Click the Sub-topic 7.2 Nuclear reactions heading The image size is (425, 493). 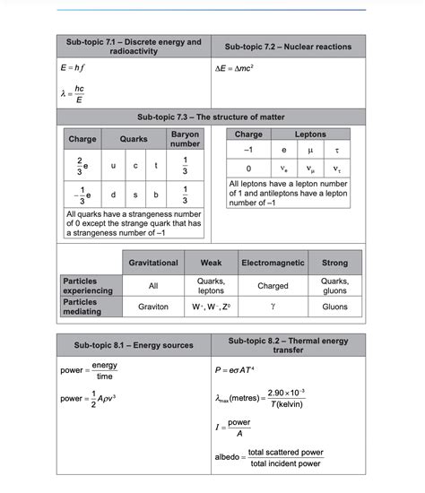coord(288,47)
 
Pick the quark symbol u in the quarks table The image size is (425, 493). coord(113,166)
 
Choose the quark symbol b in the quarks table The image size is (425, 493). coord(156,194)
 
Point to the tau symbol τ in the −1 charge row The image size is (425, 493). coord(336,151)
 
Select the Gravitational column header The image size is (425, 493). coord(153,263)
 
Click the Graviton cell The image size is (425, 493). coord(153,306)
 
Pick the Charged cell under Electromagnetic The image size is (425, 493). coord(273,285)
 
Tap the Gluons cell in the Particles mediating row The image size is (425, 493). coord(334,306)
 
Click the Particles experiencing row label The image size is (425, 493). coord(88,285)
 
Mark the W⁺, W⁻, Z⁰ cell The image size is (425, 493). coord(211,306)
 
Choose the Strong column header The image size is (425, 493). coord(334,263)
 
